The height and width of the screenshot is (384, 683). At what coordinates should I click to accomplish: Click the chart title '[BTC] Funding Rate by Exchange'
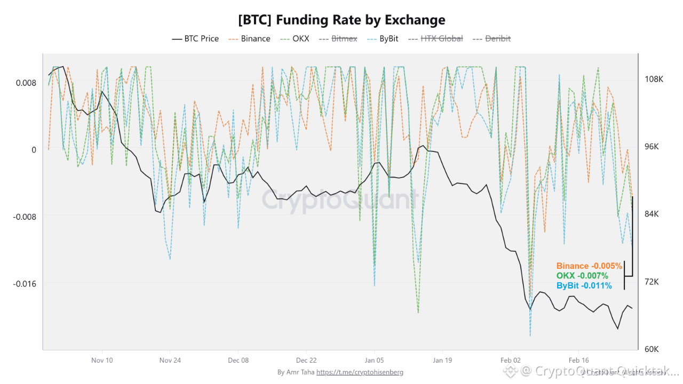(341, 20)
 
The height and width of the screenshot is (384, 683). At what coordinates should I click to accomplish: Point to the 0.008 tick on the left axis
(26, 83)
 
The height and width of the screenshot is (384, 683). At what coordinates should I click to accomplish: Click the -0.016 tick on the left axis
(25, 283)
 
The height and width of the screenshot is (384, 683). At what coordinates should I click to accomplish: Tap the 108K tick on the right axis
(654, 79)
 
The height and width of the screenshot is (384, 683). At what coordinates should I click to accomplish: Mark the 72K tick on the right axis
(652, 282)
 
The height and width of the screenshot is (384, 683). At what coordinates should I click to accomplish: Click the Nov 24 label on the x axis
(170, 360)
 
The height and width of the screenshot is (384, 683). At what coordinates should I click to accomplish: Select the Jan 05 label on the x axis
(374, 360)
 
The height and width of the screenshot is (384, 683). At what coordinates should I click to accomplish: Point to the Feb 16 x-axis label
(578, 360)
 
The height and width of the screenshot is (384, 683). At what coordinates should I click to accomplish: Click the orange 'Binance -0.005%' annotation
(589, 266)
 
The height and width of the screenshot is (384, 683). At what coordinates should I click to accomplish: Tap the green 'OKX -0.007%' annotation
(582, 276)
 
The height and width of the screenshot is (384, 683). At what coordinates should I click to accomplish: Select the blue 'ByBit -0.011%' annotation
(584, 286)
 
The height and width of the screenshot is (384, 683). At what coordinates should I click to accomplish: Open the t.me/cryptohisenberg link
(360, 372)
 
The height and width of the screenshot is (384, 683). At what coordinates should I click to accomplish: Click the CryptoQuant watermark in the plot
(338, 200)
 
